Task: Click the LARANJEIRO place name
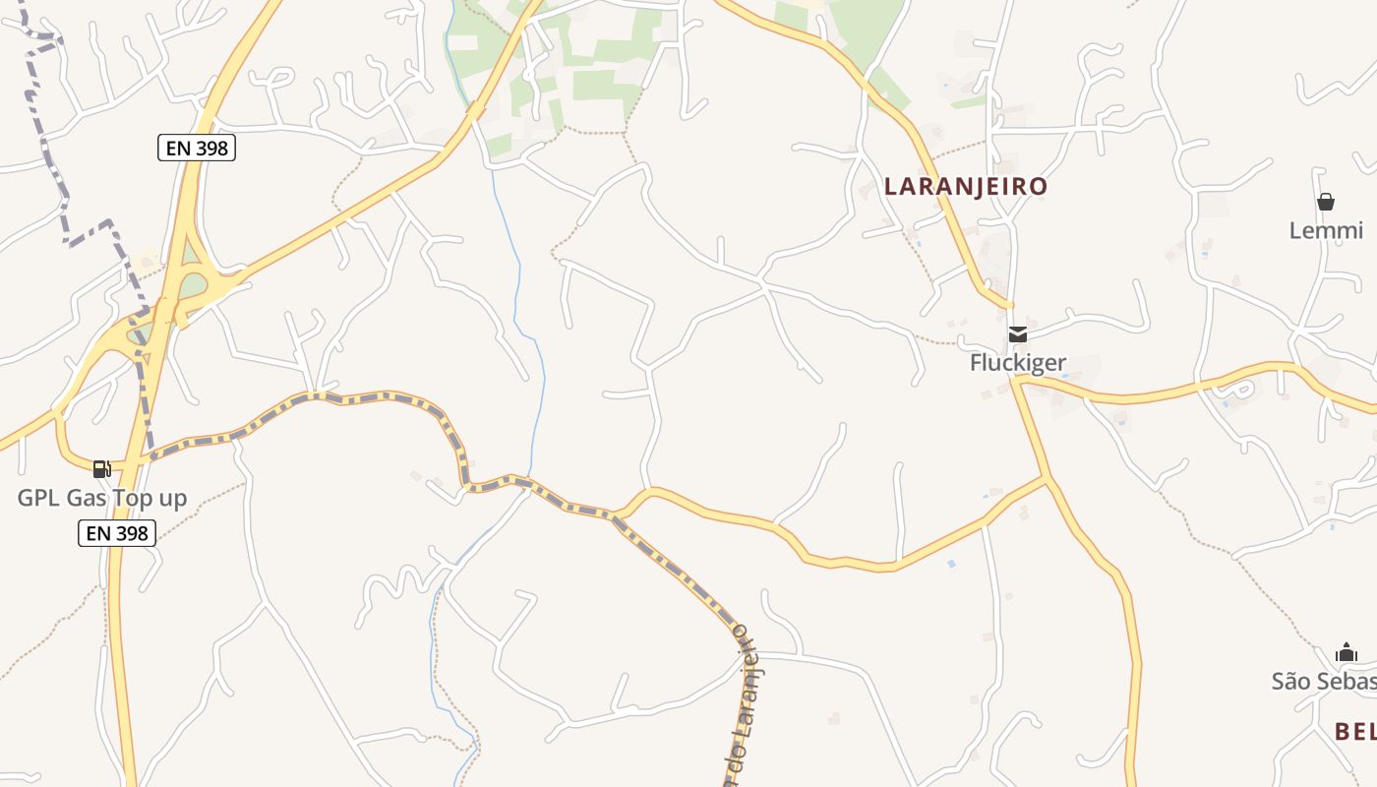coord(965,186)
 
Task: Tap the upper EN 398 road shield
coord(196,149)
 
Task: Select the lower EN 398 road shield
coord(116,533)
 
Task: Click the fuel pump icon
coord(101,469)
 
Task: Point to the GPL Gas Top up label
coord(101,498)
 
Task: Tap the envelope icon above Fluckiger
coord(1018,334)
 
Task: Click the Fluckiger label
coord(1017,363)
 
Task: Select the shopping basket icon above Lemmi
coord(1326,203)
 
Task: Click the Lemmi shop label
coord(1326,231)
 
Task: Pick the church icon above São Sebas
coord(1347,653)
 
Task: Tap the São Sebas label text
coord(1323,682)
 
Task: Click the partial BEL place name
coord(1354,731)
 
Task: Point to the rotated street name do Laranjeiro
coord(745,708)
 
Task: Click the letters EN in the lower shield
coord(97,533)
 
